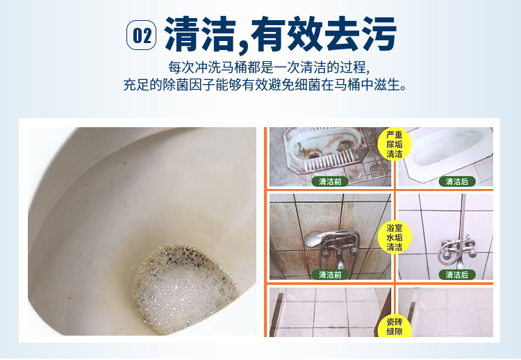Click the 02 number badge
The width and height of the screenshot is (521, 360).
coord(141,35)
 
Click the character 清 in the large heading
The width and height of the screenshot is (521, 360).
coord(182,34)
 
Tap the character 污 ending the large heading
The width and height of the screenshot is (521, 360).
coord(379,34)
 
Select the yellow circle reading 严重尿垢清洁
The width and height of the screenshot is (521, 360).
coord(395,145)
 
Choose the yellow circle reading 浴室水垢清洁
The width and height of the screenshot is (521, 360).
coord(395,238)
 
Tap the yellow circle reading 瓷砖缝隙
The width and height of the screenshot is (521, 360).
coord(395,326)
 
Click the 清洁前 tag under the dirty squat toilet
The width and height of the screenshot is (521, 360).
coord(330,181)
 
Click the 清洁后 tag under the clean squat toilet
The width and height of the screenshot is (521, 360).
coord(457,181)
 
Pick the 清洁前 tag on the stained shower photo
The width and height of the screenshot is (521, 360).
coord(330,275)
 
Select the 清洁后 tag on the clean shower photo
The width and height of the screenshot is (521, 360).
coord(457,275)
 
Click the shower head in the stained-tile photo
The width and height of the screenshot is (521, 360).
coord(313,238)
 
